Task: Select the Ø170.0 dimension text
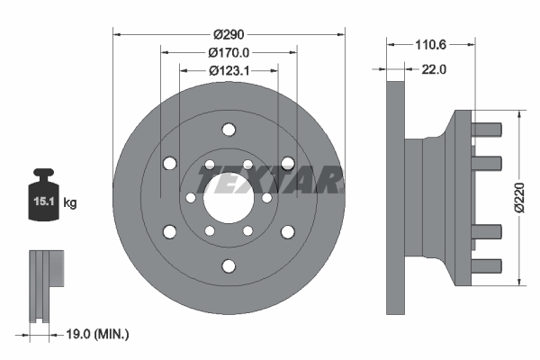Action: [x=229, y=52]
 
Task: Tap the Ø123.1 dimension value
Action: [x=229, y=69]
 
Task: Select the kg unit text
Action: [x=70, y=203]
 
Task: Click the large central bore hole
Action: [x=229, y=198]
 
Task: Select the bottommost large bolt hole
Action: [x=229, y=265]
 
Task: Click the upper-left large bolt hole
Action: [x=169, y=163]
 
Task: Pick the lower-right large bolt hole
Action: [x=287, y=232]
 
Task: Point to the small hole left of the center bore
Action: [x=191, y=198]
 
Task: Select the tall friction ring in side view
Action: [x=395, y=198]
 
